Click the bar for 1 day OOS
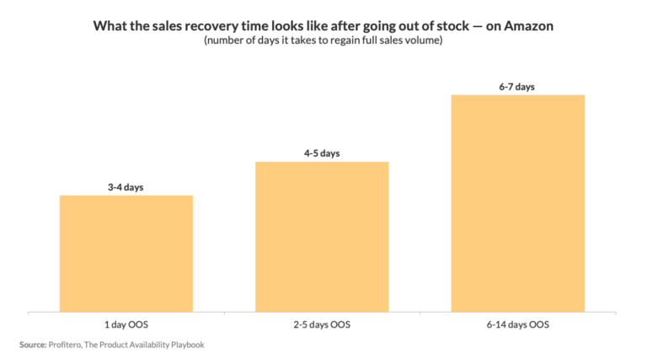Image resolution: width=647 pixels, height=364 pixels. click(x=126, y=253)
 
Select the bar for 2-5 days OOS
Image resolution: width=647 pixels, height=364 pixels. click(x=322, y=236)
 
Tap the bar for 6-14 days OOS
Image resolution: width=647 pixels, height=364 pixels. click(x=517, y=202)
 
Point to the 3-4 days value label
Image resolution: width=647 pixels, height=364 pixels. click(x=126, y=187)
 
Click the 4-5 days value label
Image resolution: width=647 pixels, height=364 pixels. click(x=322, y=153)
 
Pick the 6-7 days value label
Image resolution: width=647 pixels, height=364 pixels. click(x=517, y=86)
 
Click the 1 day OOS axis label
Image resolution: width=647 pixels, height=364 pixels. click(x=126, y=324)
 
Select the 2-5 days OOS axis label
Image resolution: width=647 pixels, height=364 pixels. click(x=322, y=324)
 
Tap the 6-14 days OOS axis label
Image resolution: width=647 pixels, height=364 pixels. click(x=517, y=324)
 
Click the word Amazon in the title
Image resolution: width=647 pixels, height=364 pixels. click(x=528, y=26)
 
